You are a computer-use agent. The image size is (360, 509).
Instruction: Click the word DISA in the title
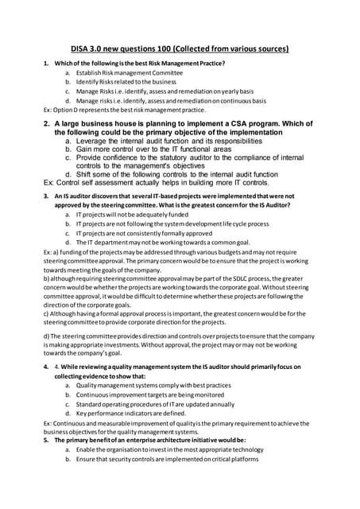84,49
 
